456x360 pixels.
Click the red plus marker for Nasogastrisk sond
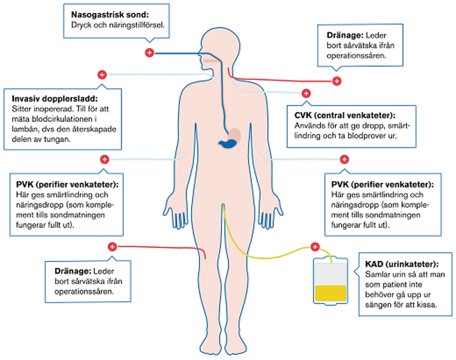pos(149,52)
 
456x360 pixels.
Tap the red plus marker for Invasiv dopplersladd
pos(101,74)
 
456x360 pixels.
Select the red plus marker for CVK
pos(305,93)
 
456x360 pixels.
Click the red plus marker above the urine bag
pos(314,247)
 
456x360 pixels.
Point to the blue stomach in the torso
pos(228,143)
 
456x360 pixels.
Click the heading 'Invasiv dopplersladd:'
pos(53,99)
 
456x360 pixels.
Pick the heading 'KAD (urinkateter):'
pos(401,263)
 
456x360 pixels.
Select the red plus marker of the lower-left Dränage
pos(112,247)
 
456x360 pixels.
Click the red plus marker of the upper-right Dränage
pos(337,81)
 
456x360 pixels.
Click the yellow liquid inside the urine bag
pos(331,293)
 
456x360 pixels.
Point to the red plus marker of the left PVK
pos(104,159)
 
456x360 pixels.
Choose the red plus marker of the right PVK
pos(344,159)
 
